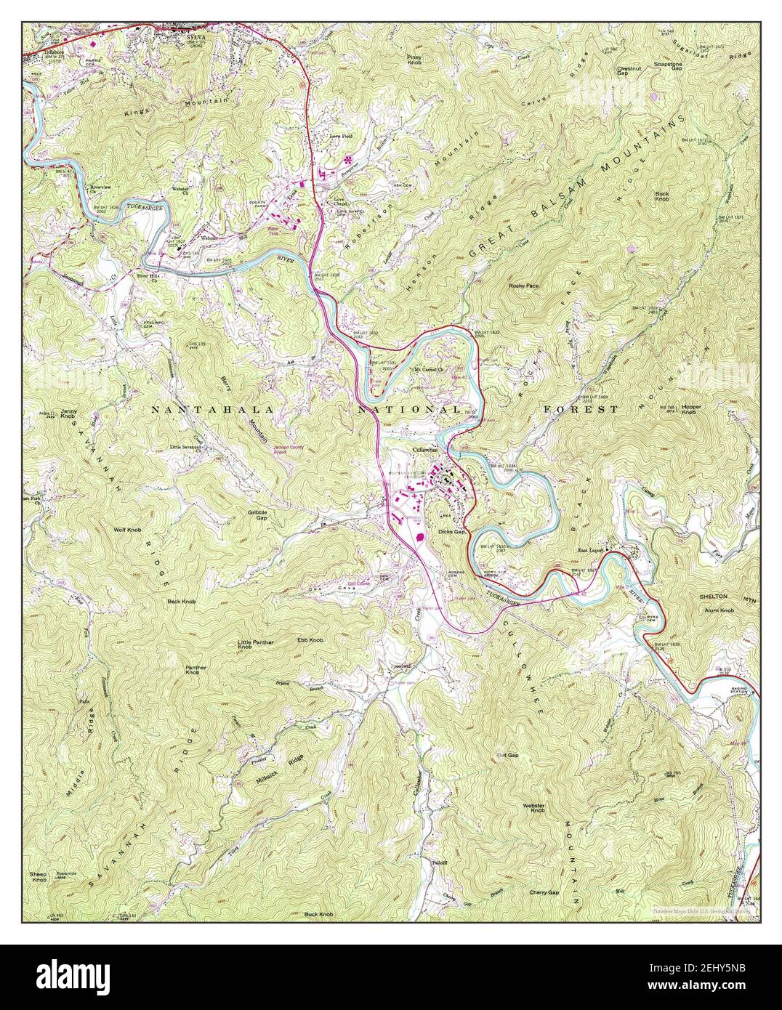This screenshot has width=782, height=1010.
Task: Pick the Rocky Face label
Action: pyautogui.click(x=524, y=286)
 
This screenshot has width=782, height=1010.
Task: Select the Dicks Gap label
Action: pyautogui.click(x=451, y=531)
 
